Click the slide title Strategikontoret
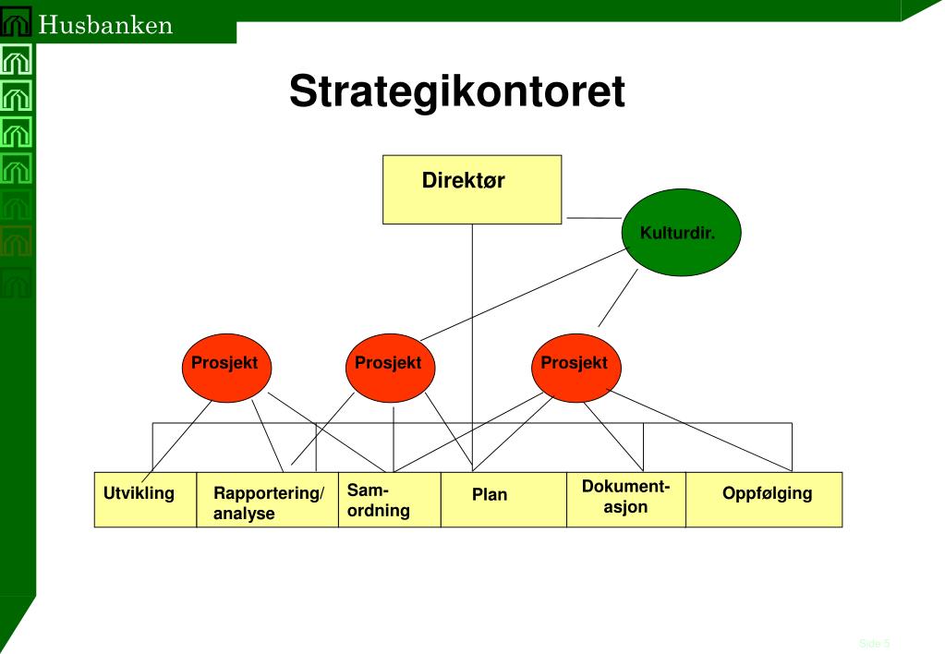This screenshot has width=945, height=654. pos(457,92)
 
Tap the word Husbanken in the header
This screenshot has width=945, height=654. pos(106,24)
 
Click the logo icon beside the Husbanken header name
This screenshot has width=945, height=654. pos(18,24)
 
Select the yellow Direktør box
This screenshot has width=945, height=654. pos(472,189)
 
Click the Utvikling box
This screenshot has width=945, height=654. pos(145,500)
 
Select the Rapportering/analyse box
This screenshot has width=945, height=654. pos(267,500)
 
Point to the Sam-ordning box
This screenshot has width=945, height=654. pos(389,500)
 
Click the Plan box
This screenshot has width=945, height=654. pos(503,500)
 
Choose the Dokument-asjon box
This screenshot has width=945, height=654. pos(625,500)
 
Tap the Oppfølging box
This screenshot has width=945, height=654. pos(764,500)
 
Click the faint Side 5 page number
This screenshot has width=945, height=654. pos(874,643)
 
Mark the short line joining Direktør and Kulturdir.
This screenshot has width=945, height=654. pos(593,219)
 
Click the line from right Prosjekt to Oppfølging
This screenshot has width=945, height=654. pos(702,430)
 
